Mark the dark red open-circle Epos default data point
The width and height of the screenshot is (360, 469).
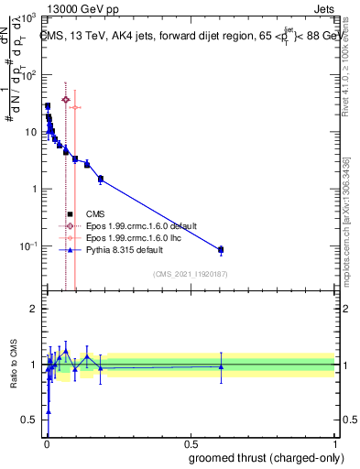(x=65, y=99)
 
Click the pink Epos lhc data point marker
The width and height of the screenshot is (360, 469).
(x=74, y=107)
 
